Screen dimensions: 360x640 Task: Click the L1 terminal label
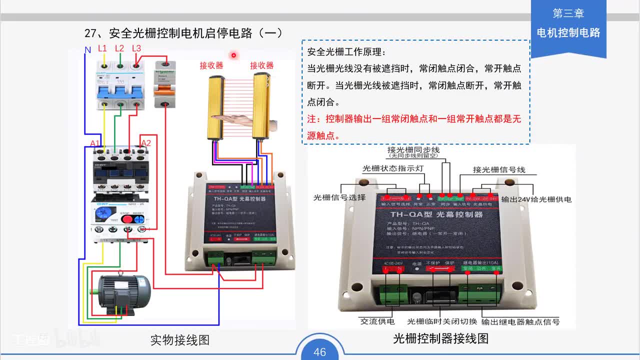coord(102,48)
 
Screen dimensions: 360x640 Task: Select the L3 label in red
coord(136,48)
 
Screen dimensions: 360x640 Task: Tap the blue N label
coord(87,50)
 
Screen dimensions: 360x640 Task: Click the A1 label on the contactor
coord(94,143)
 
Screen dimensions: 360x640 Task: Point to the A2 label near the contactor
coord(145,143)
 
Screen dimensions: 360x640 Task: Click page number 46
coord(319,352)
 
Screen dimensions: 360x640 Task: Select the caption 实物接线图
coord(180,340)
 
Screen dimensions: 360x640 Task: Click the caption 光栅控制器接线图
coord(440,339)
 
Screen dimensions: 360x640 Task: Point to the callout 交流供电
coord(377,321)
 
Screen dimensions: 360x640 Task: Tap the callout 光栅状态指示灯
coord(392,168)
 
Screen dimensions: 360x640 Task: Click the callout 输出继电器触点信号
coord(520,321)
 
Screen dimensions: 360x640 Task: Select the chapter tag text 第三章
coord(568,13)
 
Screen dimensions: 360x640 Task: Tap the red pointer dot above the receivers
coord(233,55)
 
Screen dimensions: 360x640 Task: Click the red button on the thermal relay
coord(128,219)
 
